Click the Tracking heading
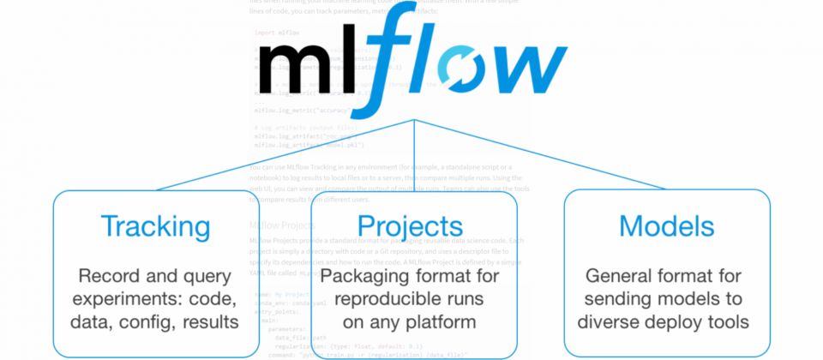(155, 226)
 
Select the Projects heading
(410, 227)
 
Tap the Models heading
(666, 226)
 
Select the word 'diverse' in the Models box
(616, 323)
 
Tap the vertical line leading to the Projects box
(415, 154)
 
